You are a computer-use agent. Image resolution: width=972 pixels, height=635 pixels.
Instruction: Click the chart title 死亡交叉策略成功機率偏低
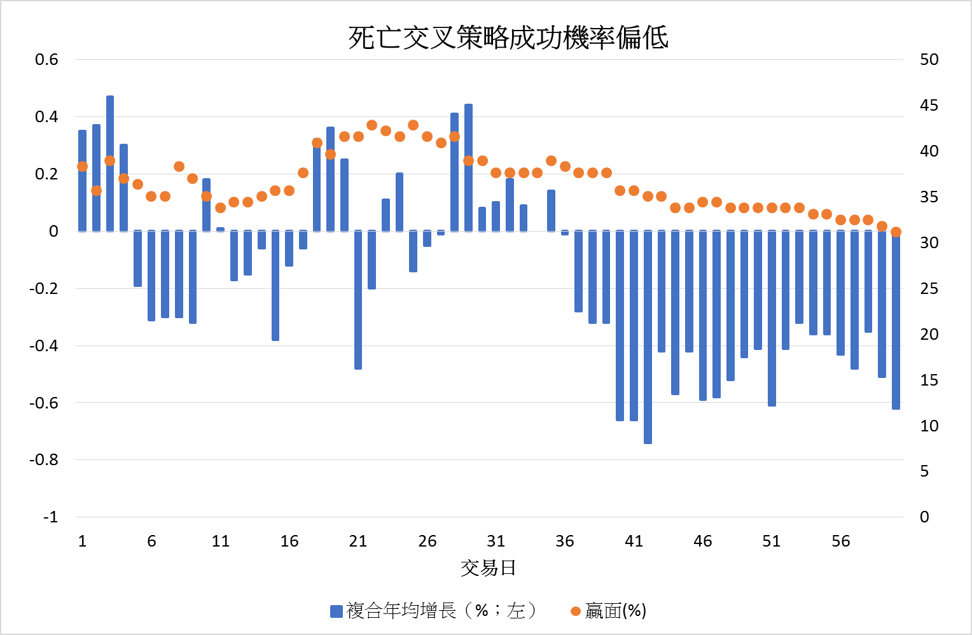coord(508,38)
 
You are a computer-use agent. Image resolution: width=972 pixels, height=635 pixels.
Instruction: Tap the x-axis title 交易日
coord(488,568)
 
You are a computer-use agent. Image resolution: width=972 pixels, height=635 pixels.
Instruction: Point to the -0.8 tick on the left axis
coord(43,459)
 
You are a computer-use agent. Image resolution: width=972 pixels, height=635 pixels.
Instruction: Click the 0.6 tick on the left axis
coord(46,59)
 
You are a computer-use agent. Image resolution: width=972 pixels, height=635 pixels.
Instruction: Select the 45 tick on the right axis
coord(929,105)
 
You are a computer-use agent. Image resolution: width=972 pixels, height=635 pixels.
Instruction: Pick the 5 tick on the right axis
coord(924,471)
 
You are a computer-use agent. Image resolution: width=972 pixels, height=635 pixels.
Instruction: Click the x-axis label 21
coord(358,541)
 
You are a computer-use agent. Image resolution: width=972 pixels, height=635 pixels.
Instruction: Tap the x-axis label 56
coord(840,541)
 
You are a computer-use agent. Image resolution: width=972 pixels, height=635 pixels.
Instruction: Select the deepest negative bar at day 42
coord(648,337)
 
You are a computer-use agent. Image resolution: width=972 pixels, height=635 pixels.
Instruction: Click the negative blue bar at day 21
coord(358,300)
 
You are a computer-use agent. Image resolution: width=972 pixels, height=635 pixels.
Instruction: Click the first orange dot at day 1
coord(82,167)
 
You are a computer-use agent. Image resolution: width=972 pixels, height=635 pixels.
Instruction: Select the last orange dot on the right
coord(896,232)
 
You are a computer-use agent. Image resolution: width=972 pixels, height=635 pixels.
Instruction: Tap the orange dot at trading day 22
coord(372,125)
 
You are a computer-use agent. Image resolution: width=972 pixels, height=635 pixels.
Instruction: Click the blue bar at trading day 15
coord(275,286)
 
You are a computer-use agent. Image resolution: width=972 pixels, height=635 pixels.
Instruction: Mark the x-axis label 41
coord(634,541)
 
